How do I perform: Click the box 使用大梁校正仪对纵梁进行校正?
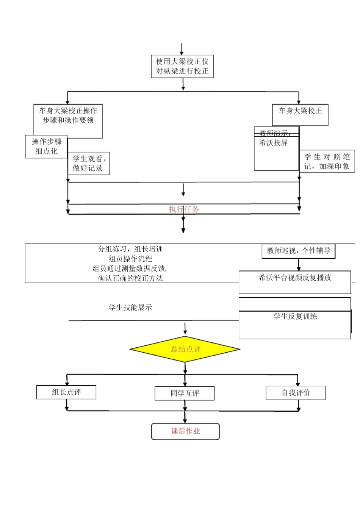(182, 66)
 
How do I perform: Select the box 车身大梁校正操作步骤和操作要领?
(68, 121)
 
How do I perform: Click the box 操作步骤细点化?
(46, 147)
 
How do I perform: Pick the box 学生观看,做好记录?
(89, 164)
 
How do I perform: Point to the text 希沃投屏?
(274, 143)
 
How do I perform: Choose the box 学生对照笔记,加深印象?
(327, 161)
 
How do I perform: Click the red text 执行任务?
(183, 209)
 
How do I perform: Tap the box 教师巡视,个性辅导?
(299, 251)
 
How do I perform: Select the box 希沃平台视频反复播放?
(294, 282)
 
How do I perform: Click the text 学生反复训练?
(295, 317)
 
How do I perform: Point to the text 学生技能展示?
(130, 308)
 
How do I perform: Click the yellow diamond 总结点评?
(185, 349)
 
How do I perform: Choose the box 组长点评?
(66, 392)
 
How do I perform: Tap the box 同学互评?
(185, 393)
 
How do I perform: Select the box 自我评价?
(296, 393)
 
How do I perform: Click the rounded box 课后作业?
(185, 431)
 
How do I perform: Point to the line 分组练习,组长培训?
(130, 249)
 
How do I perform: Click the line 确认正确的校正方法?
(130, 278)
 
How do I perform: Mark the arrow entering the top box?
(182, 50)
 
